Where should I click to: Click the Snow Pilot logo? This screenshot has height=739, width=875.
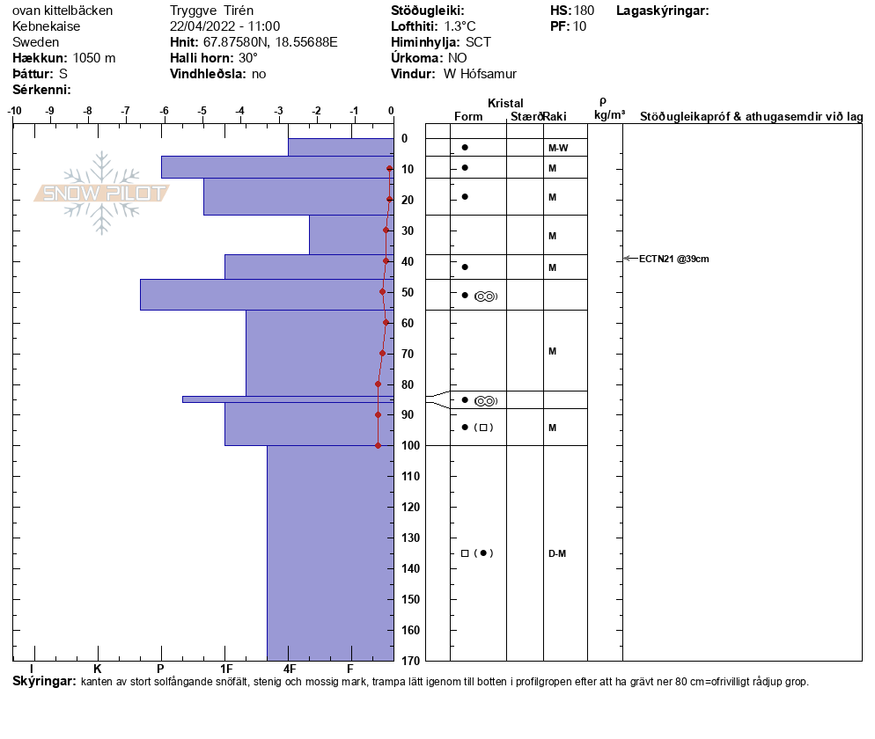coord(101,193)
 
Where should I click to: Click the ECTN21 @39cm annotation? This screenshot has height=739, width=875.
coord(673,259)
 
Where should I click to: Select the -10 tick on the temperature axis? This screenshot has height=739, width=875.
coord(15,111)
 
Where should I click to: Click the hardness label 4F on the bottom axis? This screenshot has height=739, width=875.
coord(290,669)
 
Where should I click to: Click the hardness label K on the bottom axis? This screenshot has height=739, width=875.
coord(98,669)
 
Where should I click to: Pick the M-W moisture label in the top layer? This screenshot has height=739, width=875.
coord(557,148)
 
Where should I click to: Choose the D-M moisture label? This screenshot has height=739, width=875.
coord(556,553)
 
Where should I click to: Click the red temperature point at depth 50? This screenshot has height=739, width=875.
coord(382,291)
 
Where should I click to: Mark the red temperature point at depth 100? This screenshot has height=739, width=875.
coord(379,445)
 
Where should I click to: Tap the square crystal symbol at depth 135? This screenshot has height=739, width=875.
coord(465,553)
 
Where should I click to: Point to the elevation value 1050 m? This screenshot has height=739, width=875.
coord(94,58)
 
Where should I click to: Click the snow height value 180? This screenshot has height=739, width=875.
coord(584,11)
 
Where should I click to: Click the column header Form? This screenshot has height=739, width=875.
coord(468,117)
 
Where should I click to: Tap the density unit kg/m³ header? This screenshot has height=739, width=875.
coord(609,115)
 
